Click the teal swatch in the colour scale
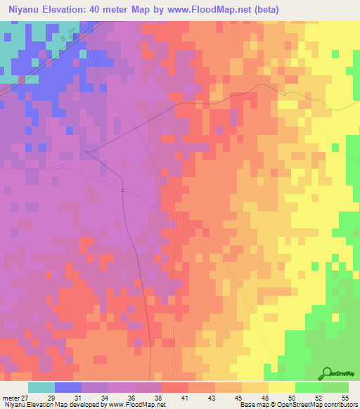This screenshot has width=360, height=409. [41, 387]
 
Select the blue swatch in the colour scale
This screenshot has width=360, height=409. [67, 387]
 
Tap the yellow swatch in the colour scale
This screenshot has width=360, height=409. [281, 387]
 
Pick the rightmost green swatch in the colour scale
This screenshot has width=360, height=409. [335, 387]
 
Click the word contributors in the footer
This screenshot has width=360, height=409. [340, 405]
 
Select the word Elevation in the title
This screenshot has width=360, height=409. [68, 10]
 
